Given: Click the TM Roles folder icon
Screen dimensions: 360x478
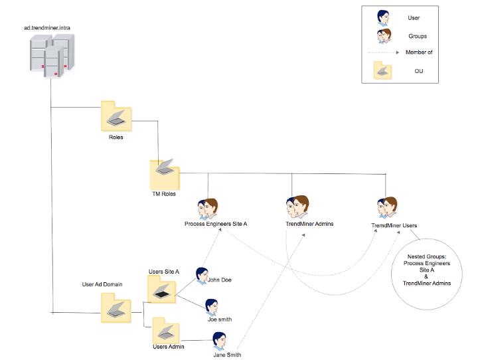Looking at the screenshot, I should click(163, 174).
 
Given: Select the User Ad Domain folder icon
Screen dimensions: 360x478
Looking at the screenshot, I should click(115, 308).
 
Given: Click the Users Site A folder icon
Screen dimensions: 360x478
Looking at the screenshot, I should click(161, 289).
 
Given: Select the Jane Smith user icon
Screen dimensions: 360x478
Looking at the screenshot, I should click(220, 339).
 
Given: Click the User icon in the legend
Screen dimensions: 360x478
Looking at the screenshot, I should click(383, 19).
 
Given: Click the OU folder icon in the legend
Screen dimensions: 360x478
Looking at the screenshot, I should click(383, 70).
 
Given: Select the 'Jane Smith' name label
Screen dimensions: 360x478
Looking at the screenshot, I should click(227, 355).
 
